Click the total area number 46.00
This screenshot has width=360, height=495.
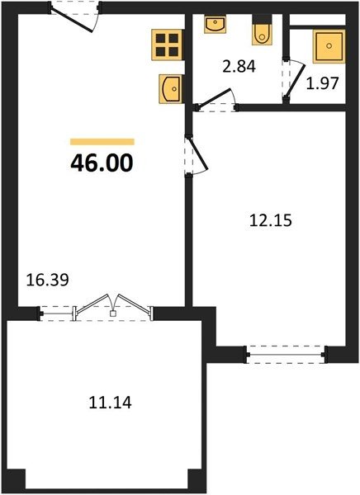pos(102,163)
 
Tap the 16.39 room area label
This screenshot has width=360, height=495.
pos(47,280)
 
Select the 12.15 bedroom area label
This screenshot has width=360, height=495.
pos(271,220)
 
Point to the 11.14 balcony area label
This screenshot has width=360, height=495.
pos(110,403)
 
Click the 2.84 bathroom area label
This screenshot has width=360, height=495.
pos(239,67)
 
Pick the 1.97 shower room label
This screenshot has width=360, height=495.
pos(322,83)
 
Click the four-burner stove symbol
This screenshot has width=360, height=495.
pos(167,45)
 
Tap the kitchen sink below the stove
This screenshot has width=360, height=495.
pos(171,89)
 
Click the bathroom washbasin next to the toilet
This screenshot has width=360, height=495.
pos(215,24)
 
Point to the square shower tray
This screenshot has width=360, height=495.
pos(329,46)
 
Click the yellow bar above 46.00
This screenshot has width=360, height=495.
pos(102,142)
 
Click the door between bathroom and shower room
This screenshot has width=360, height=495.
pos(296,81)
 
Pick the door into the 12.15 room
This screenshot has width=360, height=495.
pos(197,153)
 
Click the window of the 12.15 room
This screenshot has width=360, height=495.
pos(286,355)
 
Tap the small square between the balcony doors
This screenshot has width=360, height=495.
pos(112,313)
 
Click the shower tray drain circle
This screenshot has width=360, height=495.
pos(329,45)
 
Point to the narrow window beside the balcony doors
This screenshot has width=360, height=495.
pos(56,313)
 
